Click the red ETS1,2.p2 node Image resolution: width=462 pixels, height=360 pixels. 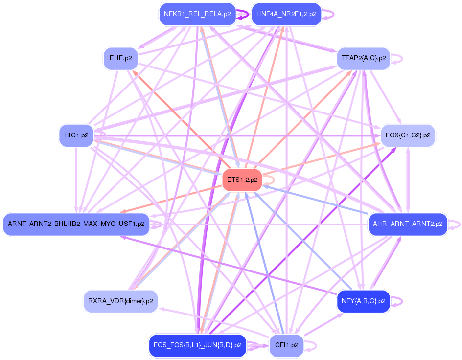(243, 180)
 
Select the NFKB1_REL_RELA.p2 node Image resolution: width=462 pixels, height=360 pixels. (197, 14)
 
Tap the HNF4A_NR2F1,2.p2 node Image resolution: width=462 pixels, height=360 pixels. (286, 14)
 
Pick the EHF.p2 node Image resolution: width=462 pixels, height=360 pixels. (120, 58)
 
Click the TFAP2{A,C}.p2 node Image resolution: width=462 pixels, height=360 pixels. (364, 58)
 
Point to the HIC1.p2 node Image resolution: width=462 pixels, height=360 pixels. (76, 135)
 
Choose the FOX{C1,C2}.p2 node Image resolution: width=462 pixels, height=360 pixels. (408, 135)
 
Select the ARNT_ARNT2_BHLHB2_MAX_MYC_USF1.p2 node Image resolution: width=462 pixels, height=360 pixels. (76, 224)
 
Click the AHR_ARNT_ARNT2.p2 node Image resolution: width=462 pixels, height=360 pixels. (408, 224)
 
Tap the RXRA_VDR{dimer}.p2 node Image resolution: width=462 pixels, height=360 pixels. (120, 301)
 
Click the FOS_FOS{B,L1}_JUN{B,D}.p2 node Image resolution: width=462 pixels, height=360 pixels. (197, 345)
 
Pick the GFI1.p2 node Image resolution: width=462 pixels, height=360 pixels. (286, 345)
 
